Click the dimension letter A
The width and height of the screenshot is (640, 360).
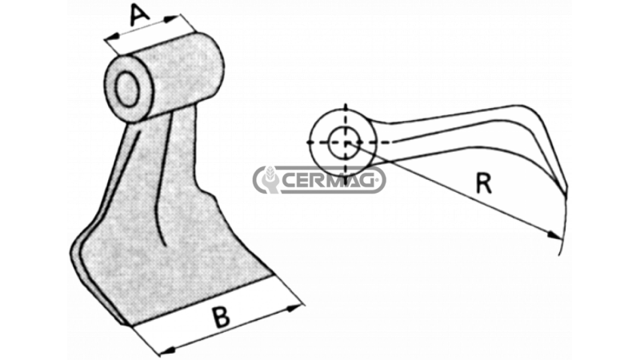[139, 14]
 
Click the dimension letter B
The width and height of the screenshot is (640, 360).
[222, 317]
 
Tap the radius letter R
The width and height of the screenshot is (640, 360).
[484, 183]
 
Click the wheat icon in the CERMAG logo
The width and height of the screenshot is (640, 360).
[270, 179]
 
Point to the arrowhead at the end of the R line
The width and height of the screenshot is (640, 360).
[554, 235]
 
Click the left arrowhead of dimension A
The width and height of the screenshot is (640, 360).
[112, 38]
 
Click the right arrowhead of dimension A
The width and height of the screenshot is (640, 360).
[171, 18]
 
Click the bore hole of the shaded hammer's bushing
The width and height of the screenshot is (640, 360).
[127, 89]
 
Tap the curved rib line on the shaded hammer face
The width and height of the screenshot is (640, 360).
[162, 179]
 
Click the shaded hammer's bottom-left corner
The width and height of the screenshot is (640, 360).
[125, 324]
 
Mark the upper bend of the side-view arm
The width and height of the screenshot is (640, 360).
[530, 110]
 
